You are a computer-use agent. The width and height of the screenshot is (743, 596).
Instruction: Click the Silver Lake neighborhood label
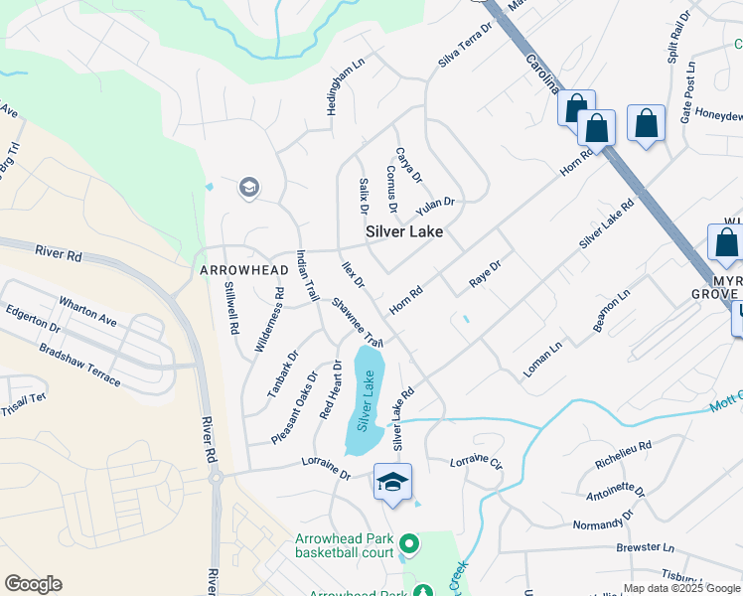click(x=404, y=231)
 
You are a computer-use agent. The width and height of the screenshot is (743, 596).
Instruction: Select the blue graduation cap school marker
click(x=392, y=483)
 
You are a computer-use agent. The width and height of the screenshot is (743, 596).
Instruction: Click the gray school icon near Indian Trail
click(x=248, y=187)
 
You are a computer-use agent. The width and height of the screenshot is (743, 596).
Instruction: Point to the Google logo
click(x=34, y=583)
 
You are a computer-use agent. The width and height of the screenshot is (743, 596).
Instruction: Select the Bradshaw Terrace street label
click(x=80, y=365)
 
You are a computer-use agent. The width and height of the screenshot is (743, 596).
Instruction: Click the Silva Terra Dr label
click(x=466, y=47)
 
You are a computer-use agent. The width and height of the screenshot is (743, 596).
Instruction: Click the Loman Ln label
click(x=543, y=360)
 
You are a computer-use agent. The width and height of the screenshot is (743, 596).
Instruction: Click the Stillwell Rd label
click(x=231, y=307)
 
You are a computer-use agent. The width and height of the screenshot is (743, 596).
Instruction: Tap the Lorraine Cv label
click(x=476, y=462)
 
